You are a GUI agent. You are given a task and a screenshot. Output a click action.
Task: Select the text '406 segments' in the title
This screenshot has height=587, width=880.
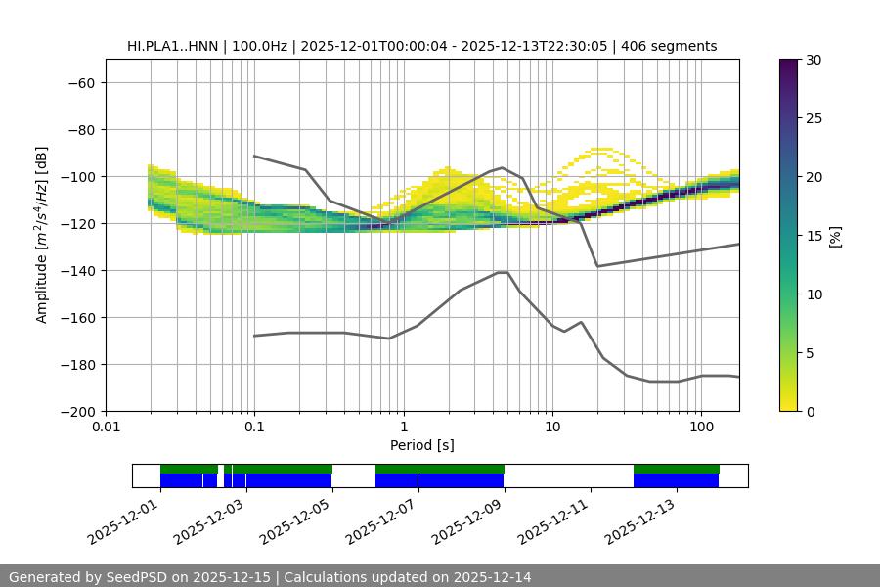point(675,46)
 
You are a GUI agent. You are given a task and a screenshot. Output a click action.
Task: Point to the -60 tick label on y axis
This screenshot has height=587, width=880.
point(79,83)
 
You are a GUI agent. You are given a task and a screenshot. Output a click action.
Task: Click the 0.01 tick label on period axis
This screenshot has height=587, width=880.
point(106,428)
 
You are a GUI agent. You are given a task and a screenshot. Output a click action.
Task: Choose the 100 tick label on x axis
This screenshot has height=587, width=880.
point(701,428)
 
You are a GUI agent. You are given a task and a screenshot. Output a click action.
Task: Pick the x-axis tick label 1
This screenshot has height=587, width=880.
point(403,428)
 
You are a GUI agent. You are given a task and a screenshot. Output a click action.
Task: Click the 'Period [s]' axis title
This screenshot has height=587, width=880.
point(421,445)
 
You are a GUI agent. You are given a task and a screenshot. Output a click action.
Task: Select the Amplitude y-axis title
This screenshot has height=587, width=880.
point(42,235)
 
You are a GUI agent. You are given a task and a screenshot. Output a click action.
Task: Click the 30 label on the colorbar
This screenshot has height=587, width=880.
point(813,61)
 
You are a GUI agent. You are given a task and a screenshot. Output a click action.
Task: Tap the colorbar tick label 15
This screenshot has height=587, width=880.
point(813,236)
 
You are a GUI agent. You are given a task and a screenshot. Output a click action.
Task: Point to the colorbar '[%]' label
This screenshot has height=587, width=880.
point(835,236)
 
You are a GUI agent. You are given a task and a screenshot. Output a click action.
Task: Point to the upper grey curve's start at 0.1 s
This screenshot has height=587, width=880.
point(254,156)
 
